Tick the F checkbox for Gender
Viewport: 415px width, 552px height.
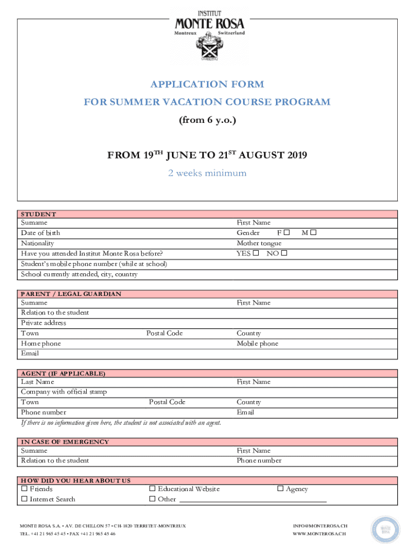tap(287, 233)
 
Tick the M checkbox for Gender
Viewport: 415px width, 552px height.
tap(313, 233)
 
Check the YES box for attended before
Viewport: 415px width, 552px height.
tap(256, 253)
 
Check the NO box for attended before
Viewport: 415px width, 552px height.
tap(284, 253)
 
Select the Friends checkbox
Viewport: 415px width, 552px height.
tap(24, 489)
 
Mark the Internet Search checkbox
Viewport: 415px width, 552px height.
tap(24, 499)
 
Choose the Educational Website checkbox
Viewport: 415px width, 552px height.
tap(153, 489)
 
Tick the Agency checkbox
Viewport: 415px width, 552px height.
tap(280, 489)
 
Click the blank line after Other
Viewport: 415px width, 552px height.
tap(252, 501)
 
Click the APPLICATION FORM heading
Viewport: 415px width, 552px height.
tap(207, 84)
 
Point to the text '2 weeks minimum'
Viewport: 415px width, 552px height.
tap(207, 173)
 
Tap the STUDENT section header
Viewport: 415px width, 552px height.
tap(38, 214)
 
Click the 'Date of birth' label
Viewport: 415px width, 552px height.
tap(40, 233)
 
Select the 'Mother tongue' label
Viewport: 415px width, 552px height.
tap(259, 243)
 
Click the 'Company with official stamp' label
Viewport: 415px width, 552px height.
tap(64, 392)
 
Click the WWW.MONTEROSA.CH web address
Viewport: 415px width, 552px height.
tap(319, 534)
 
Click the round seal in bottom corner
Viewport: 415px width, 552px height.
tap(385, 530)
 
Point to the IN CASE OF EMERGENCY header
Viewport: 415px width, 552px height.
tap(65, 441)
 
